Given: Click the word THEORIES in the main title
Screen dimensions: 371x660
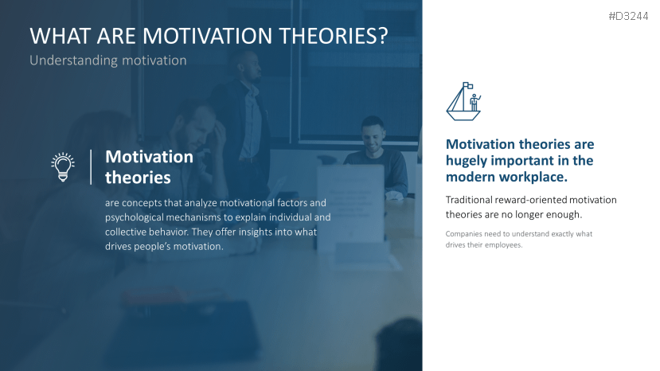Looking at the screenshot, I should point(330,37).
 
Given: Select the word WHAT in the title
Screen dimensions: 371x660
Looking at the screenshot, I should point(58,37).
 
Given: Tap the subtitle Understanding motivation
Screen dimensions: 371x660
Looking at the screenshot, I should point(107,61).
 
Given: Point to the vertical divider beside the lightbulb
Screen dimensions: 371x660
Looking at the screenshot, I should point(90,166).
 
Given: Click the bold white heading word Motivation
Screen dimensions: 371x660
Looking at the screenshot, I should point(149,157).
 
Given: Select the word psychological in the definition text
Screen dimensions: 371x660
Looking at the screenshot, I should point(135,217).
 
